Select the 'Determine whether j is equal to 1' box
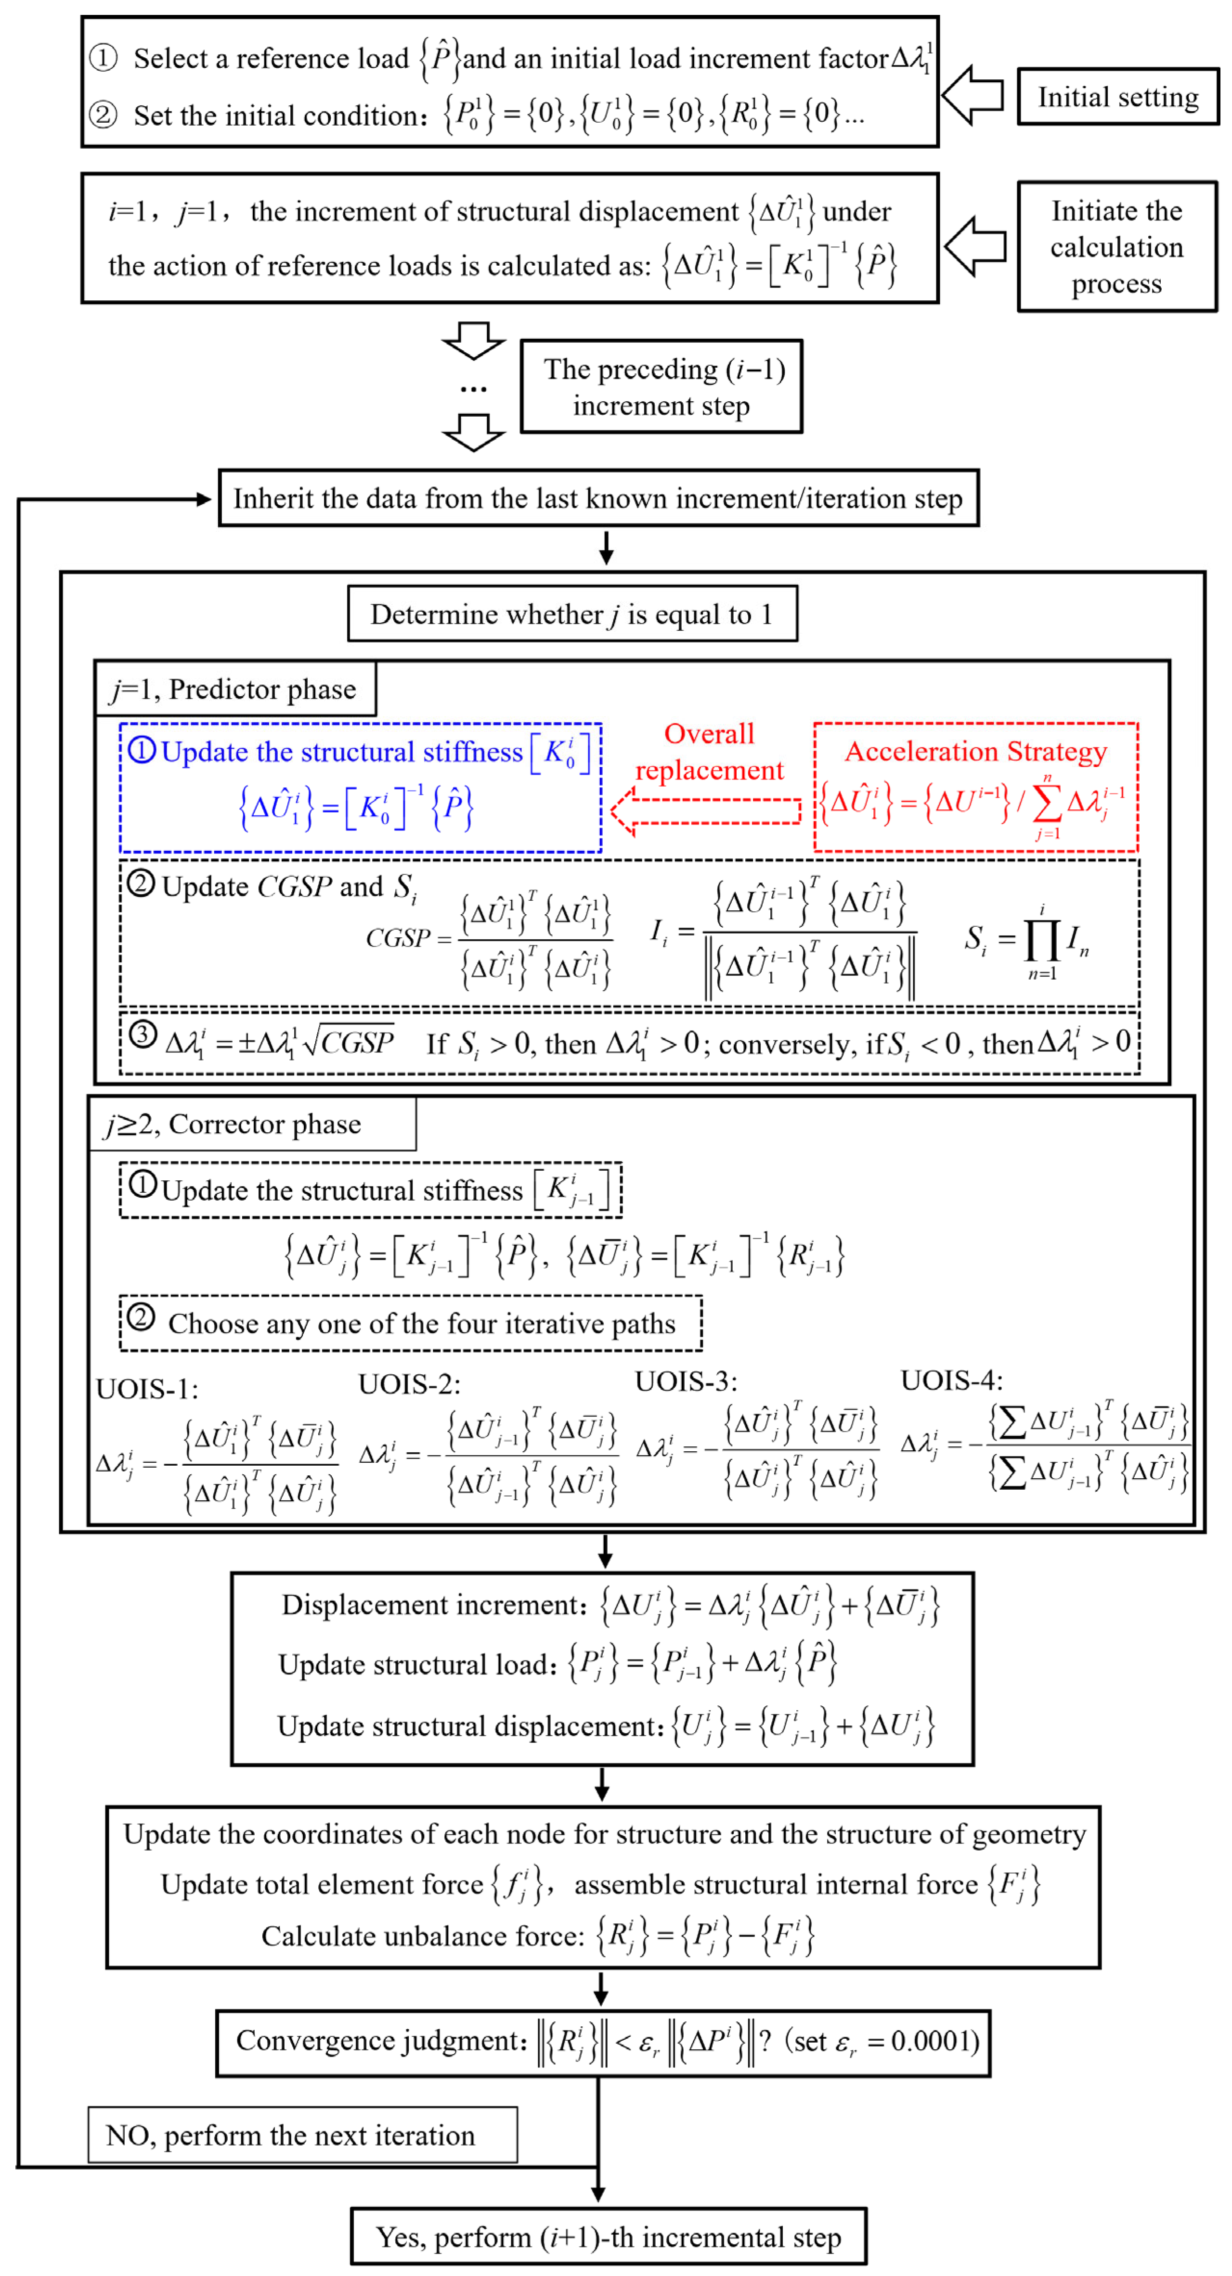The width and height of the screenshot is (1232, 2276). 572,614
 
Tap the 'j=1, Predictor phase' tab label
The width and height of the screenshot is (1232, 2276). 234,689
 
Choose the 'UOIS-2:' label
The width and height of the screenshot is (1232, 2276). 409,1383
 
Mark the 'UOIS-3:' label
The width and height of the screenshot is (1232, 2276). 686,1381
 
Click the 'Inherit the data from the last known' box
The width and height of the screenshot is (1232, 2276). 598,499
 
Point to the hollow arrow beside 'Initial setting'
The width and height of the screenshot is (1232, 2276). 972,94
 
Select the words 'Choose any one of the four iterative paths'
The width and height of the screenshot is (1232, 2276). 422,1324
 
